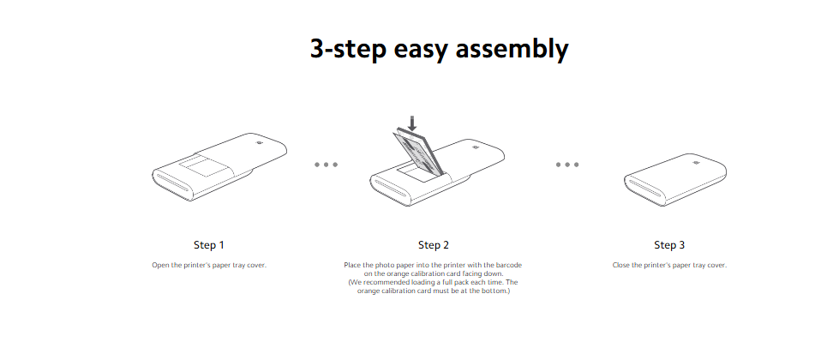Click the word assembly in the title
click(x=512, y=49)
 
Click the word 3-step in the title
click(x=349, y=49)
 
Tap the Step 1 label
click(x=209, y=245)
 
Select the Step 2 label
click(x=434, y=245)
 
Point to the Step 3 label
click(x=669, y=245)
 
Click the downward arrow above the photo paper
click(x=412, y=123)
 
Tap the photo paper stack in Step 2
click(x=416, y=152)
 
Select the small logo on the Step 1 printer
click(x=260, y=143)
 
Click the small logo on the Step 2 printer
click(x=472, y=148)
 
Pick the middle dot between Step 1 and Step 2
click(x=326, y=165)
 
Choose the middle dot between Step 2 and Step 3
click(x=567, y=165)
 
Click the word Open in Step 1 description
click(x=159, y=265)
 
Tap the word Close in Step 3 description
click(x=620, y=265)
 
